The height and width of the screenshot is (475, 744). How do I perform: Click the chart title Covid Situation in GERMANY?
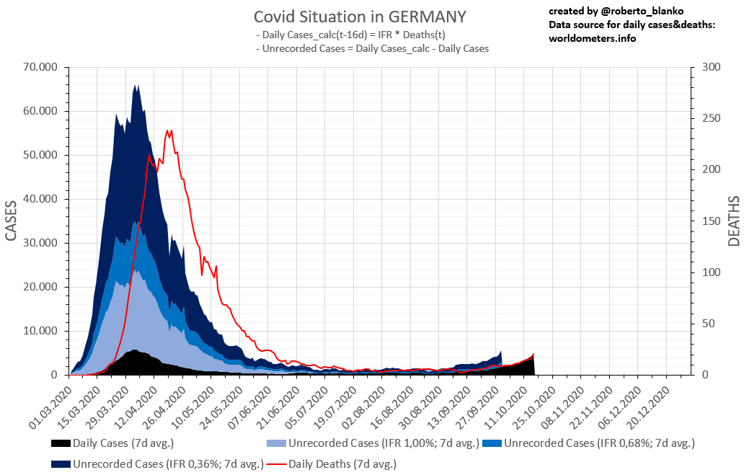(x=360, y=17)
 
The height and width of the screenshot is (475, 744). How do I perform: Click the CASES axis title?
(x=12, y=221)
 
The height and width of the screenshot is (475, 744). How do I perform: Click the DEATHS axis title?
(x=733, y=221)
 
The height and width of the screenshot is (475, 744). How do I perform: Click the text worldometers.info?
(x=592, y=38)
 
